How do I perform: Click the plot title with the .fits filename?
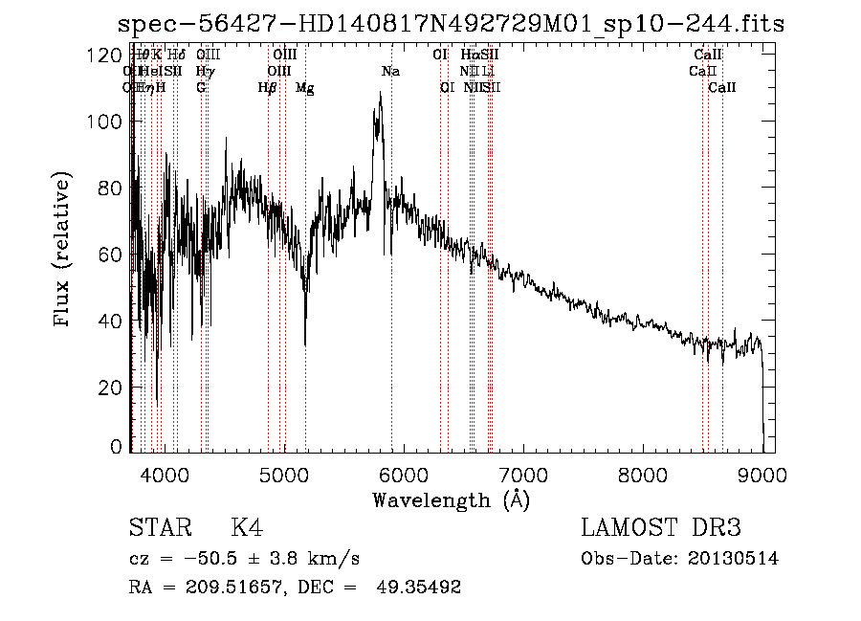click(450, 24)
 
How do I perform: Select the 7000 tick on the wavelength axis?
click(522, 474)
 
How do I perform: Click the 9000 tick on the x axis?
click(762, 474)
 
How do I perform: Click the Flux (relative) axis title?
click(64, 252)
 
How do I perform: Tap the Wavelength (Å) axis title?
click(451, 499)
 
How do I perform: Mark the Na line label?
click(390, 72)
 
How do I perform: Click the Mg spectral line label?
click(304, 88)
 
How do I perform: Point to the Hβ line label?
click(267, 88)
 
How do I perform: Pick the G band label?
click(201, 88)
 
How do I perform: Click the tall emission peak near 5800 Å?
click(380, 97)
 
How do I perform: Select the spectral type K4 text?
click(247, 528)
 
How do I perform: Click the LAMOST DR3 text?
click(660, 528)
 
